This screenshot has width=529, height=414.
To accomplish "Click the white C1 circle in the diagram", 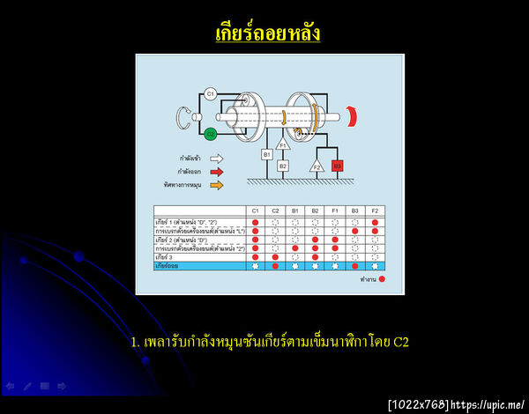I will tap(211, 92).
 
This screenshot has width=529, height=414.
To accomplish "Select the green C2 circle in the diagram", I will tap(211, 134).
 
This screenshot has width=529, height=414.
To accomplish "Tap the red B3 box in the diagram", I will tap(338, 165).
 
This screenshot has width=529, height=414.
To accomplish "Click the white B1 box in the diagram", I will tap(266, 154).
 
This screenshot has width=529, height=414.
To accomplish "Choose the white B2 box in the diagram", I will tap(283, 165).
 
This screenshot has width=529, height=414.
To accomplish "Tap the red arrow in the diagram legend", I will tap(217, 173).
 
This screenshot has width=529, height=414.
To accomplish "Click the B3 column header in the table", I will tap(354, 211).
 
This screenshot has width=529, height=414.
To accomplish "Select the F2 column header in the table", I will tap(375, 211).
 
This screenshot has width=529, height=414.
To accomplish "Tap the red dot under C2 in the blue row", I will tap(275, 264).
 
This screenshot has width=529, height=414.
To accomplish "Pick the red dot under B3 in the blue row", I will tap(354, 264).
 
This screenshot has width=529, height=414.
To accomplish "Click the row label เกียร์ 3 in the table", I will tap(166, 256).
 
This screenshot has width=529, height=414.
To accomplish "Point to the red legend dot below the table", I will tap(383, 277).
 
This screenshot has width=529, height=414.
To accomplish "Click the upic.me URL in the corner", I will tap(488, 404).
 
